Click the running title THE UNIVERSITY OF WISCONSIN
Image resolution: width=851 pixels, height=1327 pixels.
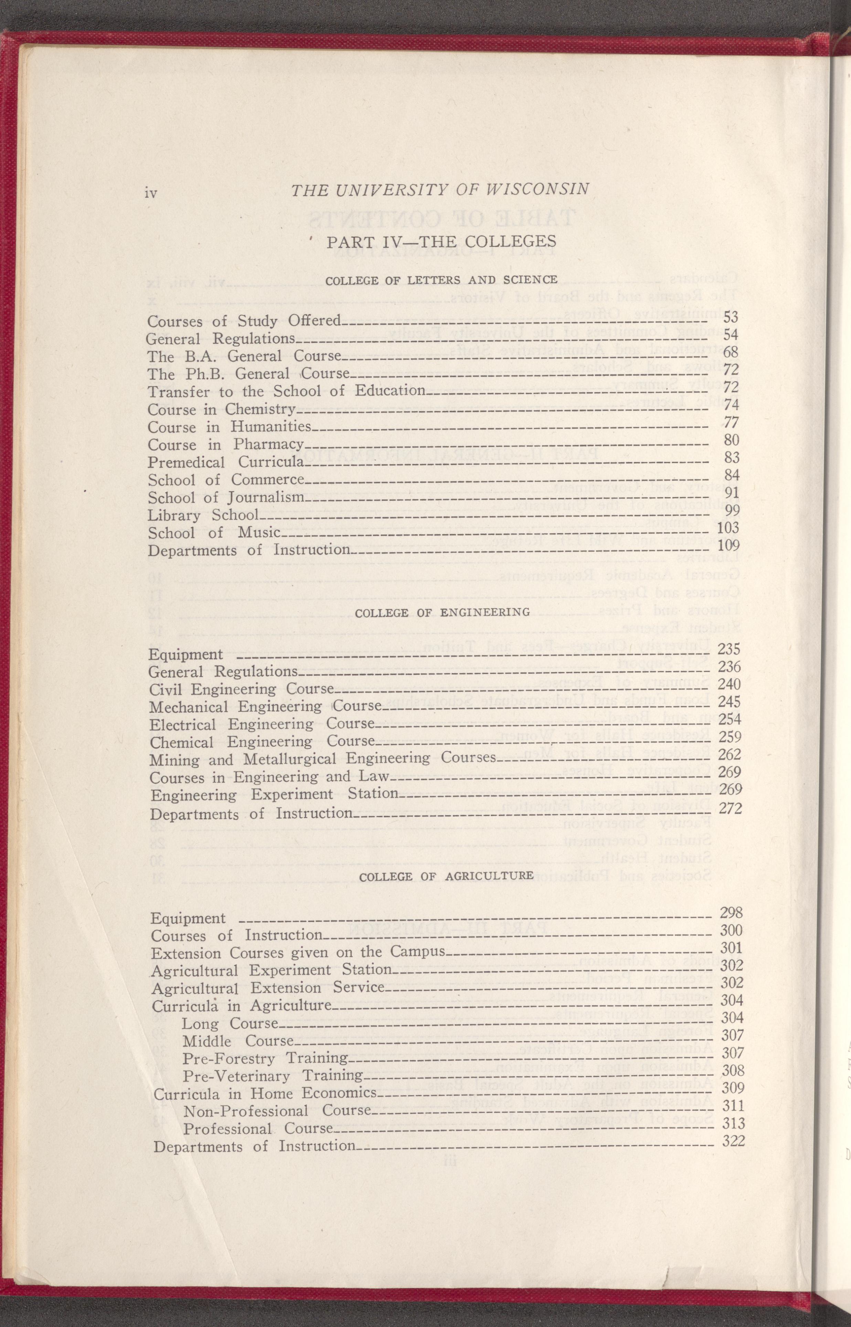pos(439,190)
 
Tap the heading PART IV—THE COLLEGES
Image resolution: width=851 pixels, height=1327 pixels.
pos(440,242)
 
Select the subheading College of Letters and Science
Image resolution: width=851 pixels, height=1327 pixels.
pos(441,280)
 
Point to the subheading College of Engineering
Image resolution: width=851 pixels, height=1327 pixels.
pos(442,612)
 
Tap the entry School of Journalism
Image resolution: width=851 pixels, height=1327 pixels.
pos(226,498)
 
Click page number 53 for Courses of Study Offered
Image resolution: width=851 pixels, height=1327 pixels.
pos(731,317)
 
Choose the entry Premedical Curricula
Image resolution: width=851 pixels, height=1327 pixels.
pos(226,462)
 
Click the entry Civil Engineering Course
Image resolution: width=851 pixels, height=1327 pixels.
pos(242,690)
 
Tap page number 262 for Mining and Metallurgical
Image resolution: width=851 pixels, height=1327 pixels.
pos(730,754)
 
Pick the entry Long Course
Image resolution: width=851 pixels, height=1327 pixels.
pos(230,1024)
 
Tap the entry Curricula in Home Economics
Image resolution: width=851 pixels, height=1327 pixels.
pos(265,1094)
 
